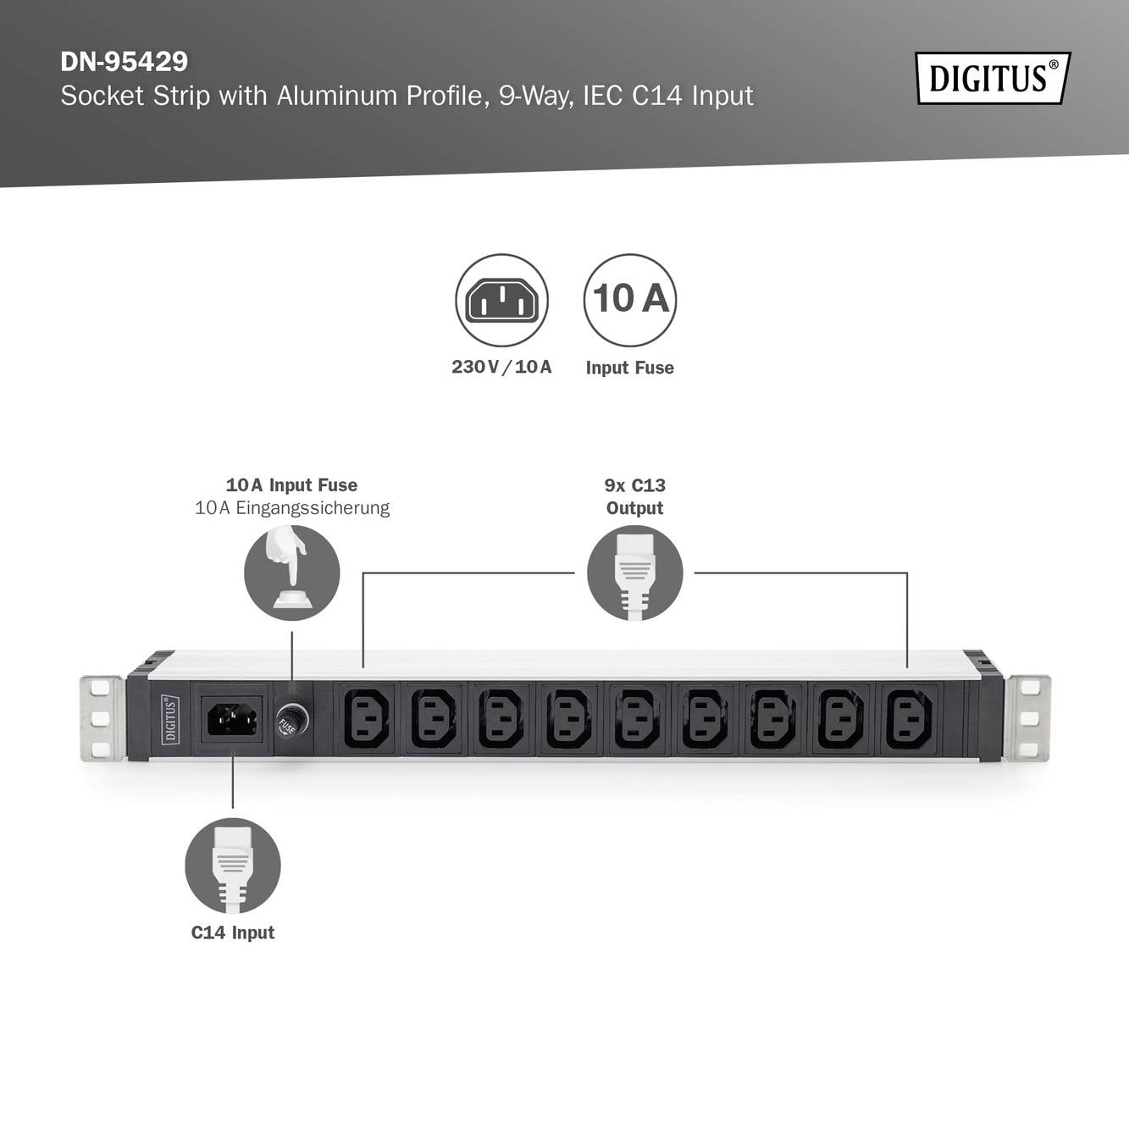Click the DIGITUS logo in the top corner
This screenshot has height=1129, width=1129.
coord(993,78)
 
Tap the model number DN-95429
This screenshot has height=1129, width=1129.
coord(124,62)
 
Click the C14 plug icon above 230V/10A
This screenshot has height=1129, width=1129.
coord(501,300)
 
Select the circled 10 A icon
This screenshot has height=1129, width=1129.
coord(629,300)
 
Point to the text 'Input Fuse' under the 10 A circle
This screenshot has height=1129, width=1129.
coord(629,368)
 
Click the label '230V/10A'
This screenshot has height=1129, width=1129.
coord(501,367)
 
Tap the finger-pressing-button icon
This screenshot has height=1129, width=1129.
coord(291,573)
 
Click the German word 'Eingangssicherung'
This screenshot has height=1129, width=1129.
coord(313,508)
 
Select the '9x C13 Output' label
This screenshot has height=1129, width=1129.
coord(634,496)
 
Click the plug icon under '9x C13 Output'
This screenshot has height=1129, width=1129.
coord(634,573)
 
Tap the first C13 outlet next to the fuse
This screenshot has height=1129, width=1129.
coord(366,719)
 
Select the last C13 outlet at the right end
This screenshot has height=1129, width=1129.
coord(909,719)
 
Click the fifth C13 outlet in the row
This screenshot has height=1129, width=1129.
coord(637,719)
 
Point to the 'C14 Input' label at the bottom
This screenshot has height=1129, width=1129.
coord(233,933)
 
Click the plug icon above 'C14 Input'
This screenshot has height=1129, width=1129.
coord(233,865)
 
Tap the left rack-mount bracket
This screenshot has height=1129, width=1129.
coord(101,718)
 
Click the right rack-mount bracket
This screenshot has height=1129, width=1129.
coord(1028,718)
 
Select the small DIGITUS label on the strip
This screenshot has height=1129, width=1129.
coord(170,719)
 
